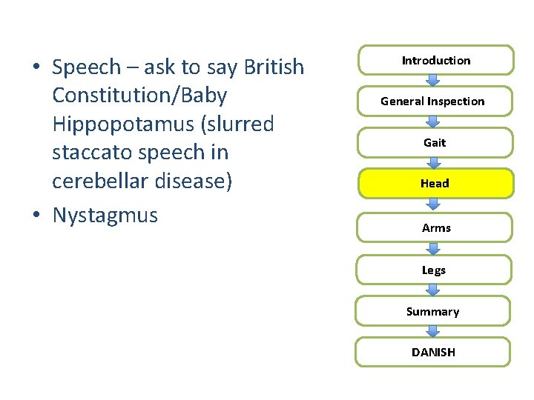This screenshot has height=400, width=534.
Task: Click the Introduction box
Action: click(x=435, y=60)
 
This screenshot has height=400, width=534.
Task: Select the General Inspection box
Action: click(x=432, y=101)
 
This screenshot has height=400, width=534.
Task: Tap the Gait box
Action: click(x=434, y=142)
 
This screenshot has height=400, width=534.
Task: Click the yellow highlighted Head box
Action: click(x=435, y=183)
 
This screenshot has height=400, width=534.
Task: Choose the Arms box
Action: click(x=435, y=227)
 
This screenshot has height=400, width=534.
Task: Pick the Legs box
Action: click(x=434, y=270)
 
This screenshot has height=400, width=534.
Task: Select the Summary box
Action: click(x=432, y=311)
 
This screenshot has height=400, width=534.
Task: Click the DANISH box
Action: click(x=433, y=352)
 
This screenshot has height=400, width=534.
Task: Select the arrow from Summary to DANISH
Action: click(x=433, y=331)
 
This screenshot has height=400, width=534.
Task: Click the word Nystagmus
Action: click(x=105, y=216)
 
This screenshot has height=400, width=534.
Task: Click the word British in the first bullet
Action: click(x=274, y=67)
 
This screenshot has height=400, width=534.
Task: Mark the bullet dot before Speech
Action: click(x=36, y=67)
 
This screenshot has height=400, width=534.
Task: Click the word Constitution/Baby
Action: click(x=139, y=96)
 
